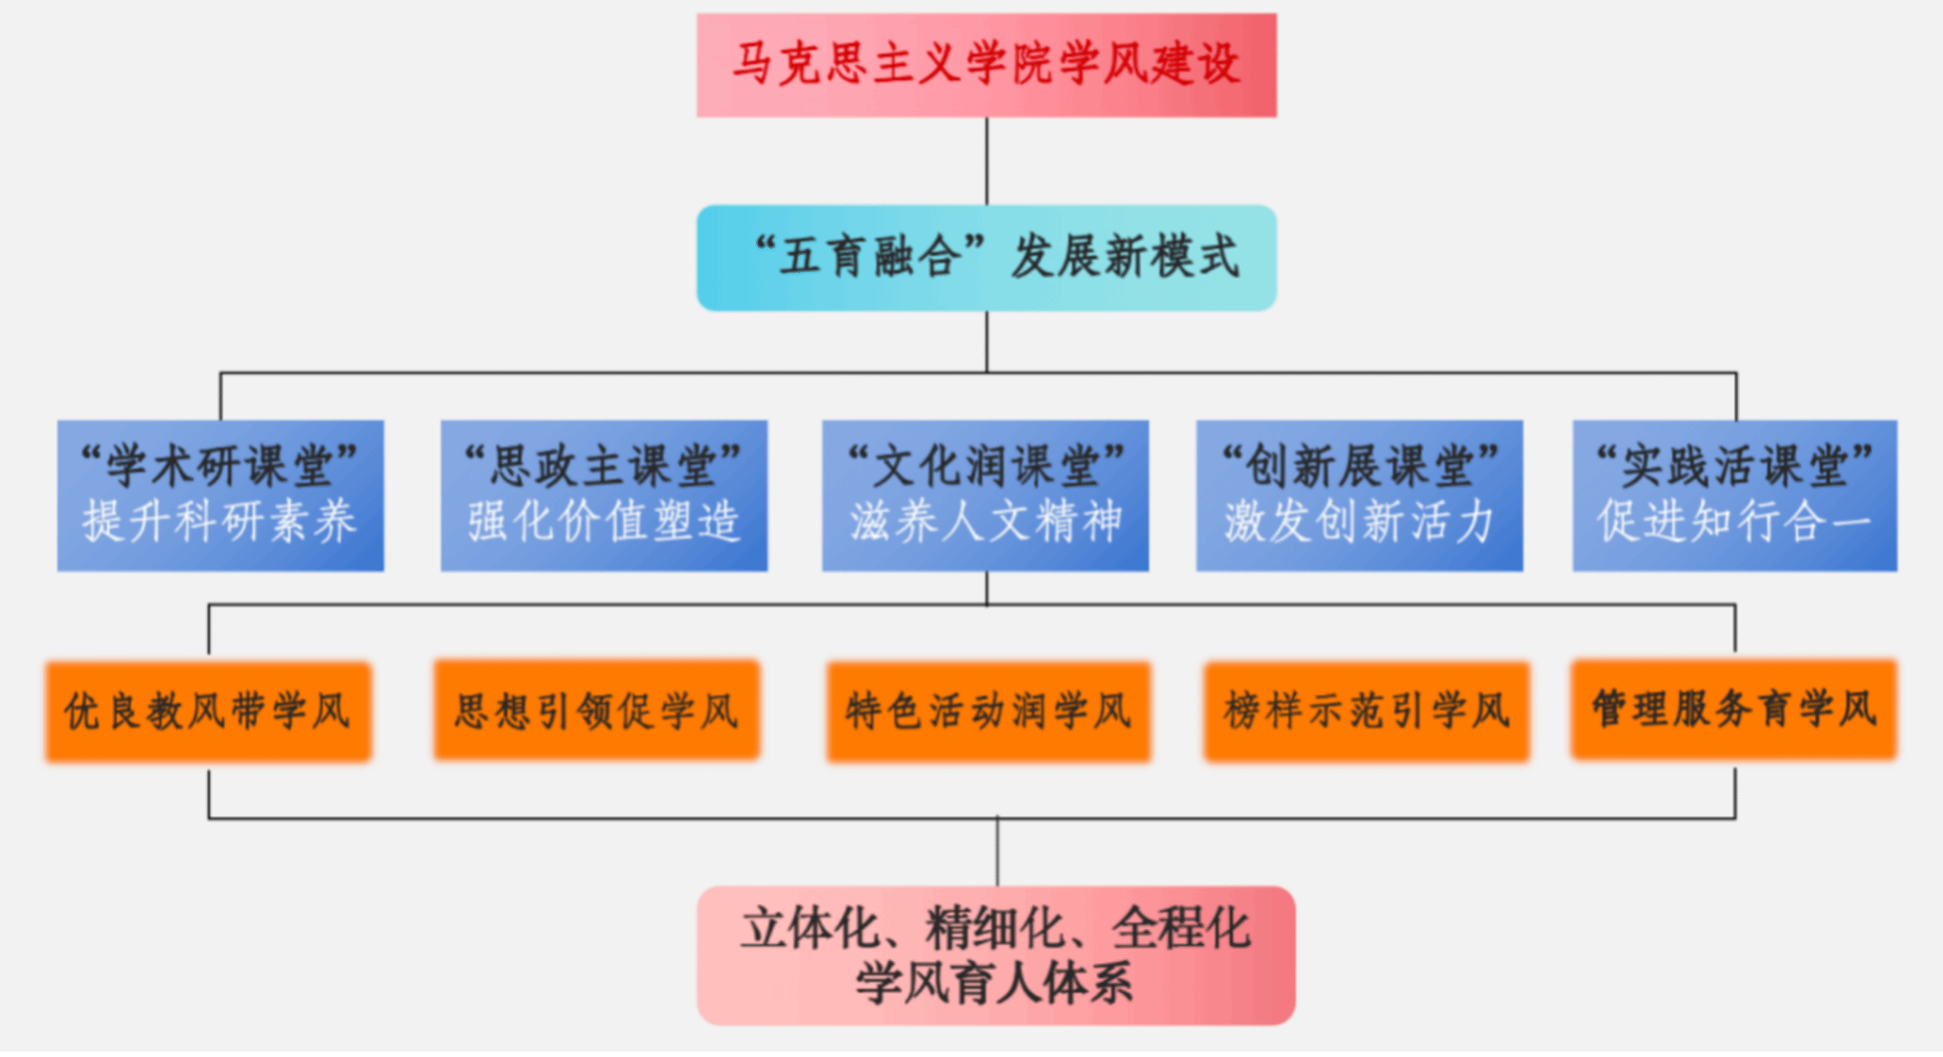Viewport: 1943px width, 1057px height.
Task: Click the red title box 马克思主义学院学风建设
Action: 987,65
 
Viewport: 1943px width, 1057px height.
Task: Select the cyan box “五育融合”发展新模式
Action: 987,257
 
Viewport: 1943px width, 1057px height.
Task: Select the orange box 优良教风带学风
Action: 209,712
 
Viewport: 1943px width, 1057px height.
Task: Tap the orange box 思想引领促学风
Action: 597,710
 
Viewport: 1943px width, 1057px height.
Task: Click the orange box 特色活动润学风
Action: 989,712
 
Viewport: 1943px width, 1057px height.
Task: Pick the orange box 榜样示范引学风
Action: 1366,712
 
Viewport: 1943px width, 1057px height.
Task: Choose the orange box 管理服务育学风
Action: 1733,709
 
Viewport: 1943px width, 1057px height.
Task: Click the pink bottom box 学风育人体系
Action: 996,955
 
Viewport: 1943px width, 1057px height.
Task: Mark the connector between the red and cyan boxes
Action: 987,160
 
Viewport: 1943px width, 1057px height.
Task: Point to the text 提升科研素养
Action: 220,522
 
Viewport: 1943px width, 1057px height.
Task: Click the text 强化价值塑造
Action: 603,522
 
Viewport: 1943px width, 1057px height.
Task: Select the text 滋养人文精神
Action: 985,522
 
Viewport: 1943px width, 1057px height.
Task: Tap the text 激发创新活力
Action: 1360,522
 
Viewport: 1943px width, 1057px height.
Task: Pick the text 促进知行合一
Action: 1734,522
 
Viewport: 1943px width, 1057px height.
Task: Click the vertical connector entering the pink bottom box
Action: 997,852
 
